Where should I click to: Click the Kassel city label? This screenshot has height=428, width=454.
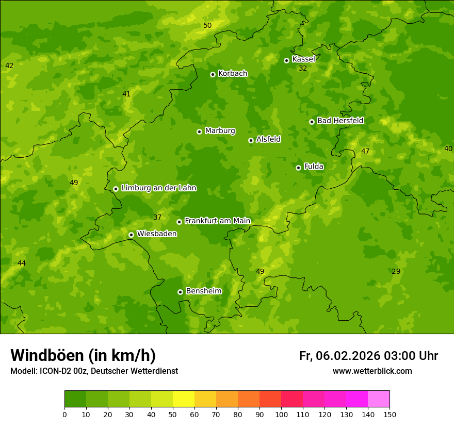(x=303, y=59)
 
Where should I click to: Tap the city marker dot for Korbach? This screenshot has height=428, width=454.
(x=213, y=74)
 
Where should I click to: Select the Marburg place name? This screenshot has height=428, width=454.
(x=220, y=131)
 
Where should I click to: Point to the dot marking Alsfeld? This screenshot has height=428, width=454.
(x=251, y=140)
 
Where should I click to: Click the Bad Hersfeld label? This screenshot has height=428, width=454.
(x=340, y=121)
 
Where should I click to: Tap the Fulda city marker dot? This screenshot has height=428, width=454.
(x=298, y=168)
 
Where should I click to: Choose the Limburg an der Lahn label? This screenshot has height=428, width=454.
(x=158, y=188)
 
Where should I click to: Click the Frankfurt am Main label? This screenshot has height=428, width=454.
(x=217, y=221)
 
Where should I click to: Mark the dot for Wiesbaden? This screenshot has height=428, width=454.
(x=131, y=235)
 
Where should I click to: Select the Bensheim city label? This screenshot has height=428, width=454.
(x=203, y=291)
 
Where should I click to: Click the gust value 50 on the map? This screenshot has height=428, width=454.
(x=207, y=25)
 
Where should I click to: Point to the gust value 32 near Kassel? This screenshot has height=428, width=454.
(x=303, y=68)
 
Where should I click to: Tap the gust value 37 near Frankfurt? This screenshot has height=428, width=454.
(x=157, y=217)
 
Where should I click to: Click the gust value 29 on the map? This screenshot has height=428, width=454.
(x=396, y=271)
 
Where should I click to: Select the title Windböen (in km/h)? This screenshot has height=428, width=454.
(x=83, y=355)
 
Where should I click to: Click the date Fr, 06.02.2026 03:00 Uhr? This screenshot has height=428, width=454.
(x=368, y=356)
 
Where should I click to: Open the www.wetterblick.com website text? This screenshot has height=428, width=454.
(x=372, y=371)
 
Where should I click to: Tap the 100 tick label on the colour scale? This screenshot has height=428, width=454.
(x=281, y=414)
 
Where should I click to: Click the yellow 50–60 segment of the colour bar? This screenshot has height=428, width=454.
(x=184, y=399)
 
